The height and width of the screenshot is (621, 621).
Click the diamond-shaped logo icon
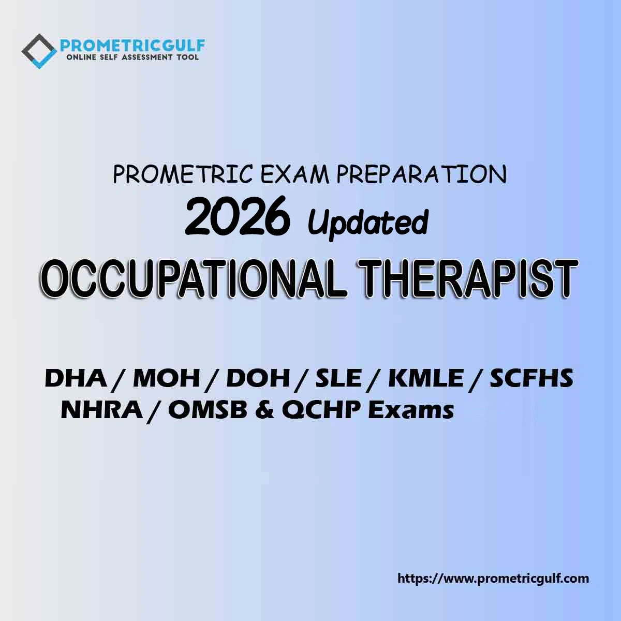[x=39, y=51]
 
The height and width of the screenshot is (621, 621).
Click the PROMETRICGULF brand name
[x=132, y=46]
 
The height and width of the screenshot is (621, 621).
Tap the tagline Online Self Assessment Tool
[x=132, y=57]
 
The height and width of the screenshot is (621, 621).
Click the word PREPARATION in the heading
[x=421, y=175]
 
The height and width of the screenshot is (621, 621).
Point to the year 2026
[x=236, y=215]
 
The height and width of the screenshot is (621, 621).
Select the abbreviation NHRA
[x=102, y=410]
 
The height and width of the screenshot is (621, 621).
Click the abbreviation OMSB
[x=208, y=410]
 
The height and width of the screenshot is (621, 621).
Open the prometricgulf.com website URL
[x=493, y=579]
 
